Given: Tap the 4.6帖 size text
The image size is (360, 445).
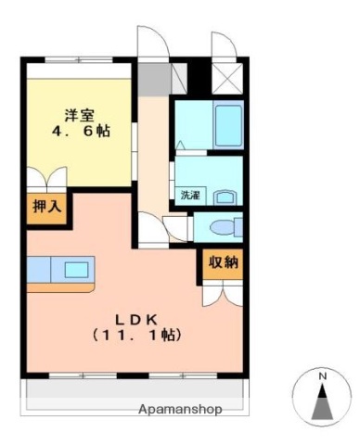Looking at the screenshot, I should pos(78,132).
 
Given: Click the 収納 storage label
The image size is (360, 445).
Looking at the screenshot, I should pos(223,262).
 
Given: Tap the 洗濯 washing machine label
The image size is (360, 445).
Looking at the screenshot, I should pos(189,196).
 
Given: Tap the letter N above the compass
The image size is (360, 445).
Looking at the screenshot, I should pos(322,376).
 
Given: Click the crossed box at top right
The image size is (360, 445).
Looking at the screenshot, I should pos(225,77).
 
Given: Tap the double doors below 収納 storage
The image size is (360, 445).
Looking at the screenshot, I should pos(222,294).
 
